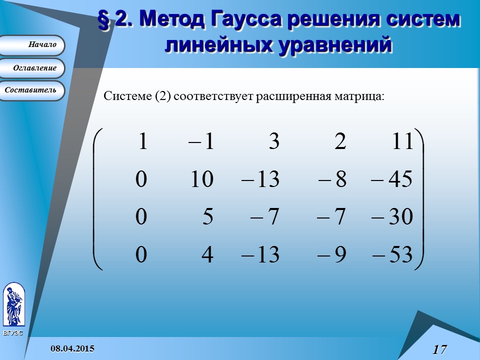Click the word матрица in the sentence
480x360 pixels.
361,95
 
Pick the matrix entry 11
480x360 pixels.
403,142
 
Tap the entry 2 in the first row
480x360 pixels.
340,142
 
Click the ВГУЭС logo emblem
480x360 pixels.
13,304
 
